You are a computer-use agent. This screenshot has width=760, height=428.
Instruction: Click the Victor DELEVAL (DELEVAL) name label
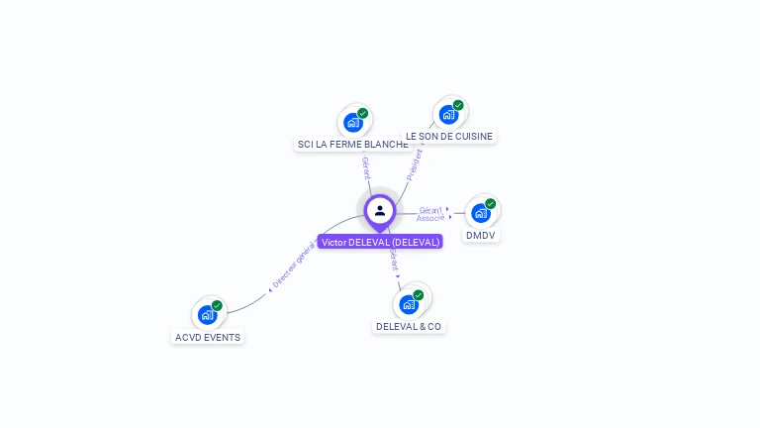(x=380, y=242)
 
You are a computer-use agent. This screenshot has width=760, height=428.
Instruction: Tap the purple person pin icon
(x=380, y=211)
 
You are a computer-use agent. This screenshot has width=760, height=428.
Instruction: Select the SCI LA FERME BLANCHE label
(x=352, y=145)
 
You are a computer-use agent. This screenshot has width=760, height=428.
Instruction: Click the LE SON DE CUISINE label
(x=449, y=137)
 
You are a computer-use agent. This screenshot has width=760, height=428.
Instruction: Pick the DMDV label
(x=481, y=236)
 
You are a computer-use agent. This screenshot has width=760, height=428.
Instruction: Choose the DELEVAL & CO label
(x=409, y=327)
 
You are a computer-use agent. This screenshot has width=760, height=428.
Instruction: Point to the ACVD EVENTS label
(x=208, y=337)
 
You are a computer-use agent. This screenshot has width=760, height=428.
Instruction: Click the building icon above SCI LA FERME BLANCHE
(x=352, y=123)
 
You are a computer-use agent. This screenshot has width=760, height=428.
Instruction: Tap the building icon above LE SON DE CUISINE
(x=448, y=115)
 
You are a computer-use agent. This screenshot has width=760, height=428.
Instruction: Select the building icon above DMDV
(x=480, y=213)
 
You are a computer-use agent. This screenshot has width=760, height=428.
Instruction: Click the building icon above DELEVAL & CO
(x=409, y=304)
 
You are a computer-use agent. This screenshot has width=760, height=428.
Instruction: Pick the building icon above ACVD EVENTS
(x=207, y=315)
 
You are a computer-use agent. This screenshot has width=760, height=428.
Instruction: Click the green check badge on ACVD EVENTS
(x=217, y=305)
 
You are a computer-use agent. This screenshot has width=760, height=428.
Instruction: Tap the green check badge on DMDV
(x=490, y=203)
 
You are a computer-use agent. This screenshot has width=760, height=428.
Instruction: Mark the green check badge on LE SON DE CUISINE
(x=458, y=105)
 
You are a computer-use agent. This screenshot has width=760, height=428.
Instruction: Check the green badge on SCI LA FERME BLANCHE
(x=362, y=113)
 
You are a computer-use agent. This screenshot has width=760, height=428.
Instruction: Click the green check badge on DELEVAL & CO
(x=419, y=294)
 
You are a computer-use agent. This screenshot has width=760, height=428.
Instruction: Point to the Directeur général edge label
(x=293, y=267)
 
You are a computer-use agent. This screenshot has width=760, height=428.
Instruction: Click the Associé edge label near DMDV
(x=430, y=218)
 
